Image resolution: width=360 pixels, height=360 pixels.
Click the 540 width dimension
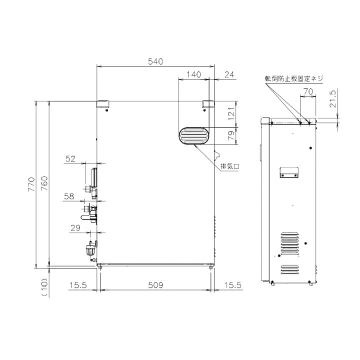tap(155, 61)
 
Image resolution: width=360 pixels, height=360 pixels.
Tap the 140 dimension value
tap(193, 74)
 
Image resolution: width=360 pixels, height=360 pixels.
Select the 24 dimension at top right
tap(229, 74)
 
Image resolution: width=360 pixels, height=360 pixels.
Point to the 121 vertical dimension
tap(231, 113)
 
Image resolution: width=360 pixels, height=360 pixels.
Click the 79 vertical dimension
tap(231, 135)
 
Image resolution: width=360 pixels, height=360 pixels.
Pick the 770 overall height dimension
tap(31, 184)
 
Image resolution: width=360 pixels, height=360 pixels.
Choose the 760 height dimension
tap(44, 183)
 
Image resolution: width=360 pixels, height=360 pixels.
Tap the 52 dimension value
tap(70, 158)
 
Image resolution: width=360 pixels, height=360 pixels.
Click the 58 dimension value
tap(69, 196)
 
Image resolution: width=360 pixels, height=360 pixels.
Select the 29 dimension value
tap(75, 228)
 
